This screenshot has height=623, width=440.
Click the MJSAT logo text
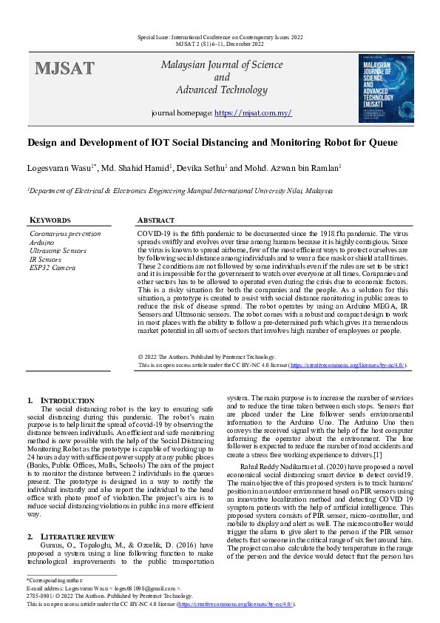click(x=64, y=70)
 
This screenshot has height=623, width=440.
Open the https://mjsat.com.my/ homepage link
click(x=253, y=113)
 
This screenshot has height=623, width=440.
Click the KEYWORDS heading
click(x=50, y=220)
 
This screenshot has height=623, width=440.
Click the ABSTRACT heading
click(x=156, y=220)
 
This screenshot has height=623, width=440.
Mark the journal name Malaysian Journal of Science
click(x=222, y=65)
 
